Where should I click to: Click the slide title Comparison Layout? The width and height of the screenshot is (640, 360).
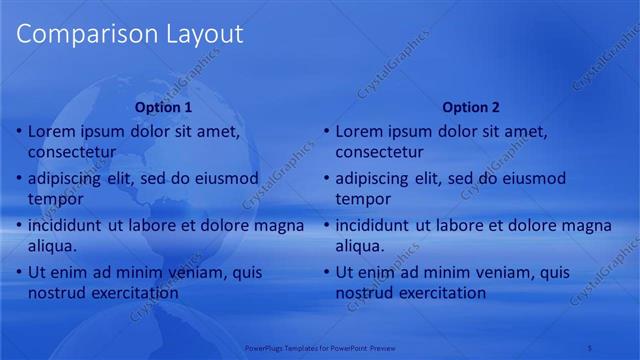(x=130, y=34)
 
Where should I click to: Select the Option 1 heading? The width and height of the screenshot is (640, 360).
(x=163, y=107)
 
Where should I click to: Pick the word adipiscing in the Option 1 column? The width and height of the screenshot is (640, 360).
(x=65, y=179)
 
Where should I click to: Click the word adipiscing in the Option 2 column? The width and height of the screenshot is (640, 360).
(x=373, y=179)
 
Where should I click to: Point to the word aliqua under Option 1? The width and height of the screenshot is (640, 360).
(x=52, y=246)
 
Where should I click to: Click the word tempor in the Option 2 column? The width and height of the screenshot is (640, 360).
(x=363, y=199)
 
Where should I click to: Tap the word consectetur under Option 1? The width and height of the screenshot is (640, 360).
(x=72, y=153)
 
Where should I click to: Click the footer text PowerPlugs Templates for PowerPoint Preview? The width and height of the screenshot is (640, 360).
(x=320, y=348)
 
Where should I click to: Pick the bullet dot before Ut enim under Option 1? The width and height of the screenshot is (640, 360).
(x=19, y=272)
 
